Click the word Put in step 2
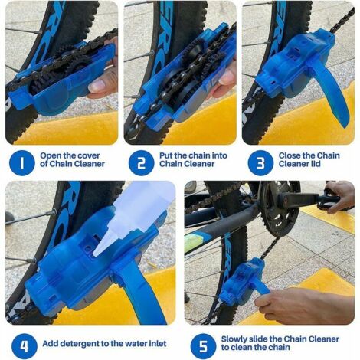pos(168,157)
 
